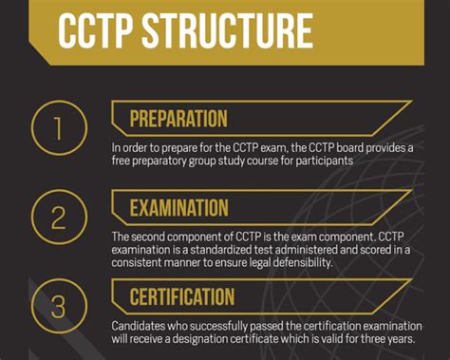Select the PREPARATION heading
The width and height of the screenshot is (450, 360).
coord(178,120)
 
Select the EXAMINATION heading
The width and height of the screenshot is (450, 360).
coord(178,208)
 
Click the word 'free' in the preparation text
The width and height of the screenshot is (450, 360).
coord(121,161)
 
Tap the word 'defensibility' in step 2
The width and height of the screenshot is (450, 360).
coord(289,263)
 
